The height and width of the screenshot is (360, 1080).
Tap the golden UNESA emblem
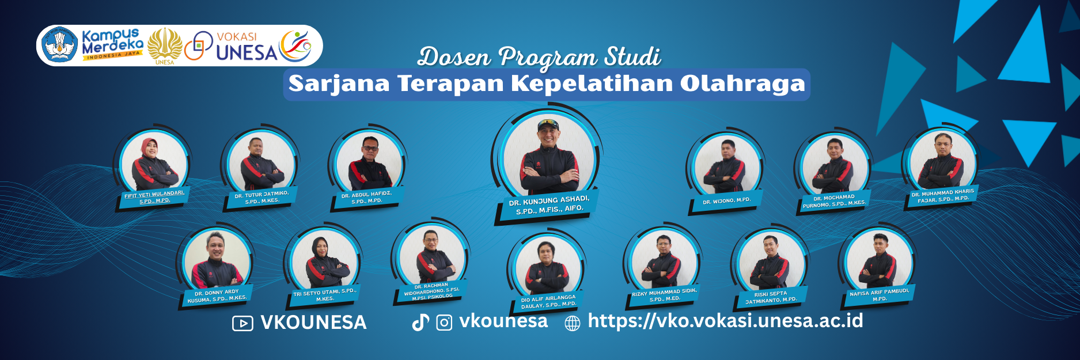tap(165, 45)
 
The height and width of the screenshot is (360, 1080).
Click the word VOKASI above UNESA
tap(237, 37)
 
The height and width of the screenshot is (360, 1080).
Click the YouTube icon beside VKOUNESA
tap(242, 324)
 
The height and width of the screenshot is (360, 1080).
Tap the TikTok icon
tap(420, 323)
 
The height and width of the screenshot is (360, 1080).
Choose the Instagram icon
tap(444, 323)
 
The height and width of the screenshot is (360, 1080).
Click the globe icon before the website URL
tap(572, 323)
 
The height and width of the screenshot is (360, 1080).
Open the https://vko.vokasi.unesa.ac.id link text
tap(725, 321)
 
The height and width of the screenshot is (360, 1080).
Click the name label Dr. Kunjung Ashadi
tap(549, 205)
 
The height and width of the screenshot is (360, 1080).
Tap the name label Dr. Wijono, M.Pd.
tap(726, 201)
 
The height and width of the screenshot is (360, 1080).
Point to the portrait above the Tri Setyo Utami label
tap(324, 262)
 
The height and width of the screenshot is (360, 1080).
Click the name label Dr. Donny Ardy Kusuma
tap(217, 296)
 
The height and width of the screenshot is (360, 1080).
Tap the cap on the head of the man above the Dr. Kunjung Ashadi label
tap(548, 123)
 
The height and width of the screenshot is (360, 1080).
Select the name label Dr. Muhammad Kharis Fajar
tap(942, 196)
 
